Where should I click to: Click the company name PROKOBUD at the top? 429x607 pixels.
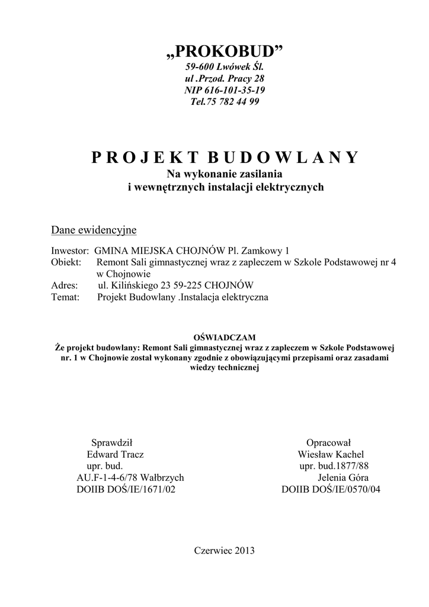pos(225,54)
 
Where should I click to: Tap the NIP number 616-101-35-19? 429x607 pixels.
pos(235,90)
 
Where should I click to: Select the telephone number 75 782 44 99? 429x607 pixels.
pos(233,101)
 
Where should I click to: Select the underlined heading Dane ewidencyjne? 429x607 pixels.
pos(94,229)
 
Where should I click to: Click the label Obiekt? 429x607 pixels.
pos(66,262)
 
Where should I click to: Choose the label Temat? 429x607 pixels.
pos(66,297)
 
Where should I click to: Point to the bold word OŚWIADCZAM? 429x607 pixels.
pos(225,337)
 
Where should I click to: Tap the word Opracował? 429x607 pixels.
pos(328,443)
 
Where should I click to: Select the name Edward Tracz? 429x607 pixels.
pos(115,454)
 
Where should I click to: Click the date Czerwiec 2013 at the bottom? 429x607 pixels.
pos(225,550)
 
